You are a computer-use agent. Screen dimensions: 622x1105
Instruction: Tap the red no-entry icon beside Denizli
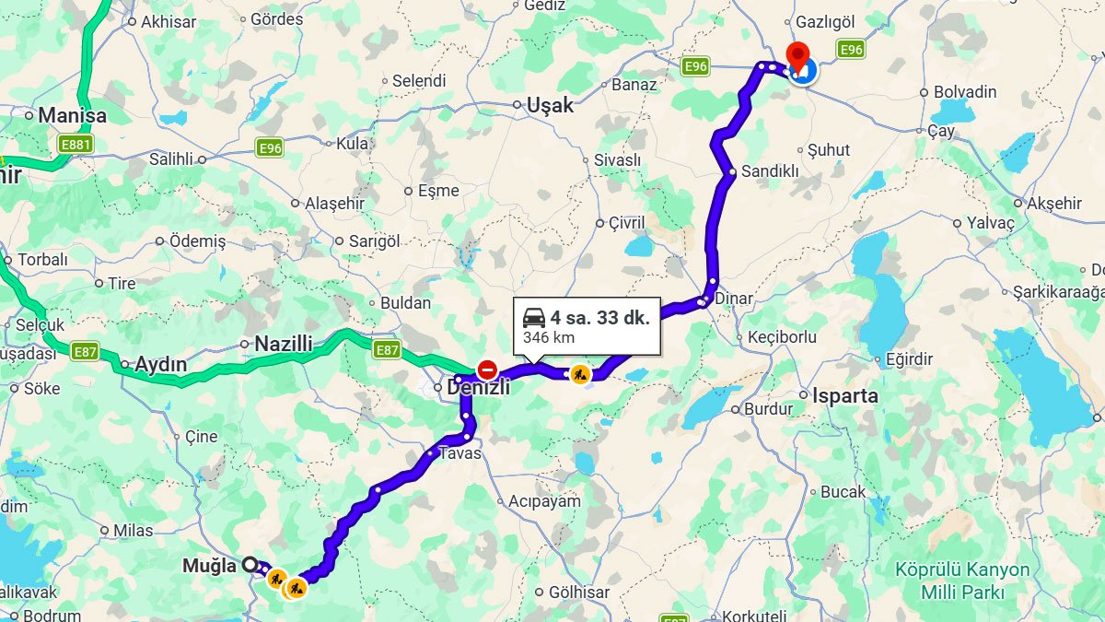[487, 370]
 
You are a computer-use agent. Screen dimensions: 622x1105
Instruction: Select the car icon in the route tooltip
[534, 318]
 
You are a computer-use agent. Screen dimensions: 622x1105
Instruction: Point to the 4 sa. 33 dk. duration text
[599, 318]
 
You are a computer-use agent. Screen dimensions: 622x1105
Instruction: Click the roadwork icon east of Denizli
[580, 374]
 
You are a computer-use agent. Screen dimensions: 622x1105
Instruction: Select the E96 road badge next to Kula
[269, 147]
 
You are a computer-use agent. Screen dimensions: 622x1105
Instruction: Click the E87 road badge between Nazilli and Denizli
[387, 349]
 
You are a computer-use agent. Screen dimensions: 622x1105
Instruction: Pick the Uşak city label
[550, 105]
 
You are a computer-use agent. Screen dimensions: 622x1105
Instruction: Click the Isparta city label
[844, 396]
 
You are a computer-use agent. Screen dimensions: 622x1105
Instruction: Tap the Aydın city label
[160, 365]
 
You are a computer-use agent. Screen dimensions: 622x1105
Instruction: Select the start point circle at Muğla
[250, 565]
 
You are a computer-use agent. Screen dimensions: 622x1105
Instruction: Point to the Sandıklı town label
[770, 171]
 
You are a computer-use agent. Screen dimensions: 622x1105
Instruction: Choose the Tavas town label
[459, 453]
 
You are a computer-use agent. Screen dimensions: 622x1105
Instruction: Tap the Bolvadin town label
[965, 92]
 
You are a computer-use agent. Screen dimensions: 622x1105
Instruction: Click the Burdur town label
[768, 409]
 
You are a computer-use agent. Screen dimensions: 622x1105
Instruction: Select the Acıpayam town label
[544, 501]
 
